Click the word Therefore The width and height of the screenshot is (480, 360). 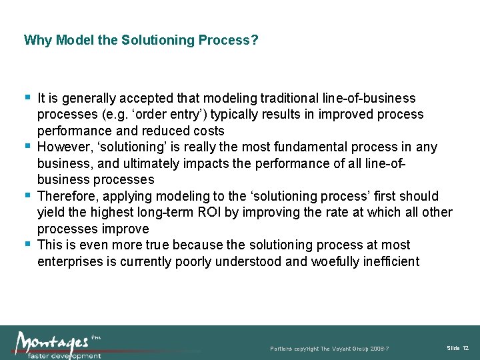point(65,196)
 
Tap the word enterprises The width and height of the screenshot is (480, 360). point(70,261)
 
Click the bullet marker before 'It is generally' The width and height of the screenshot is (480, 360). point(28,97)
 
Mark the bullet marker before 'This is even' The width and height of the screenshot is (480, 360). point(28,243)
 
